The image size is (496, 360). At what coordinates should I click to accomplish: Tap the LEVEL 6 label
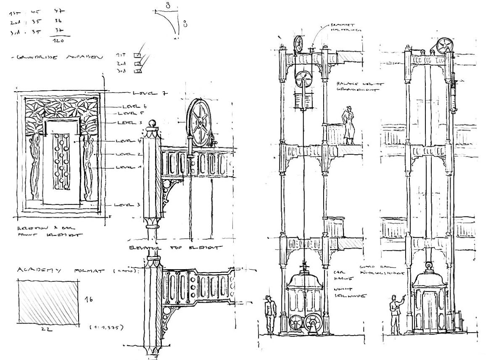pyautogui.click(x=134, y=106)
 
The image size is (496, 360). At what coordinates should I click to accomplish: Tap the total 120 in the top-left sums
pyautogui.click(x=58, y=41)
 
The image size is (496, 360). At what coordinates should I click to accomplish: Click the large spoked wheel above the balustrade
pyautogui.click(x=199, y=122)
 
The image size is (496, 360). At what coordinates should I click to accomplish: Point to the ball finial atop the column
pyautogui.click(x=153, y=124)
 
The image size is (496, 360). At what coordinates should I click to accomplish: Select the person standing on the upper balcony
pyautogui.click(x=348, y=126)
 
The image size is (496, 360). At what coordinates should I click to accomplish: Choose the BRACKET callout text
pyautogui.click(x=340, y=25)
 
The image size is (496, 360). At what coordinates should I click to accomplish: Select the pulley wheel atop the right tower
pyautogui.click(x=444, y=46)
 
